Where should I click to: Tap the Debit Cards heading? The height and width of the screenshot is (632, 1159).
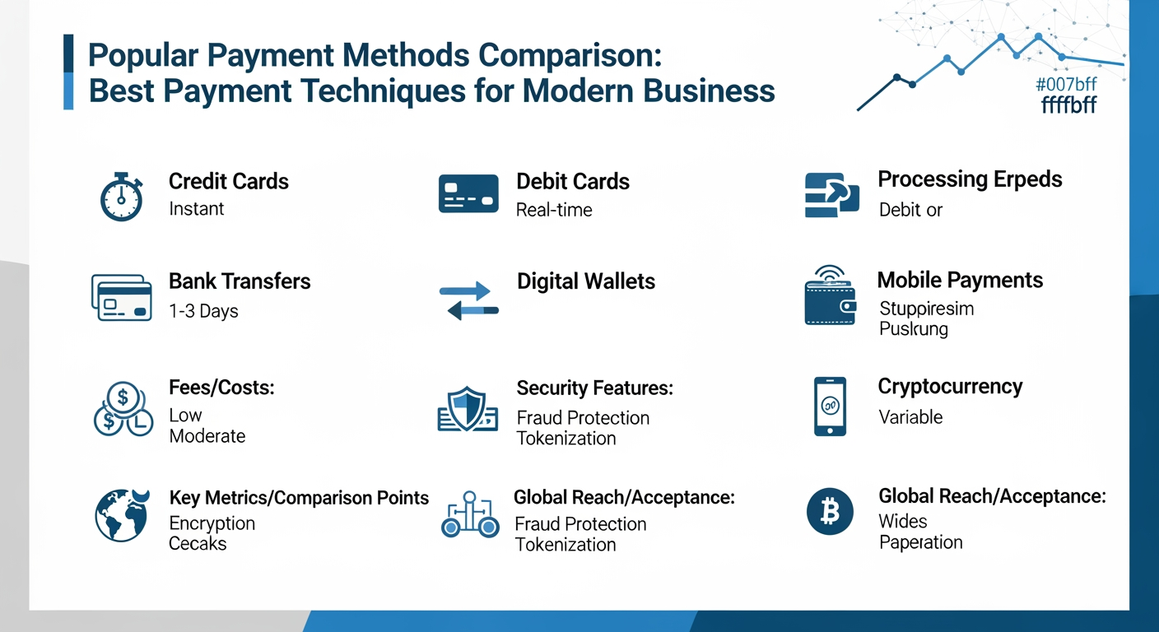[x=573, y=182]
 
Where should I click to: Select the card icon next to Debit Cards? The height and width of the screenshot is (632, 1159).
[x=468, y=194]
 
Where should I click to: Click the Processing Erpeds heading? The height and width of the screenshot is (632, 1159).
[x=970, y=179]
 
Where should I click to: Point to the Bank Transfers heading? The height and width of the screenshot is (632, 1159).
[x=240, y=281]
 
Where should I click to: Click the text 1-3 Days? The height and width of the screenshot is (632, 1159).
[x=203, y=311]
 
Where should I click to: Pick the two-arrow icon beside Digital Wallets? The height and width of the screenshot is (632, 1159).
[x=469, y=300]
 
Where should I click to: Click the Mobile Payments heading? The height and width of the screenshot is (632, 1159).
[x=960, y=280]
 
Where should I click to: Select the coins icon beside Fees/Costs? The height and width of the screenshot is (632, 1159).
[x=122, y=408]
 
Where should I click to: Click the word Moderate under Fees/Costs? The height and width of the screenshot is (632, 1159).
[x=207, y=436]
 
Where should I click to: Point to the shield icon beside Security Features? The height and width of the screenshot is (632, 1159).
[x=467, y=408]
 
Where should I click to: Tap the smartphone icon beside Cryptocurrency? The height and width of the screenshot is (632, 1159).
[x=830, y=407]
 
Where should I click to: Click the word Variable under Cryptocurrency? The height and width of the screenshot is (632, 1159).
[x=910, y=417]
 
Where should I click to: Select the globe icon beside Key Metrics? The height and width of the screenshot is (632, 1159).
[x=122, y=515]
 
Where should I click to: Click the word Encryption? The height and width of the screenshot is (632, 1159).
[x=212, y=523]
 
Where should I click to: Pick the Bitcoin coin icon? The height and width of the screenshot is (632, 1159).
[x=830, y=512]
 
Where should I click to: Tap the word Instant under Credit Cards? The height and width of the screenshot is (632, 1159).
[x=196, y=209]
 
